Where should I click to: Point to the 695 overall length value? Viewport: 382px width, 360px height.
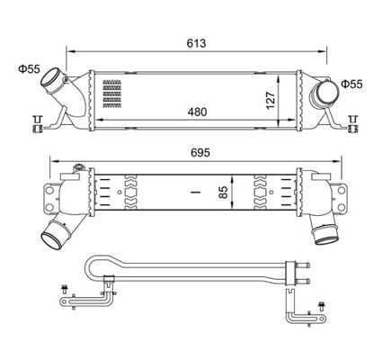click(x=199, y=153)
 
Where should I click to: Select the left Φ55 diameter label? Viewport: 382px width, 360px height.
click(x=29, y=67)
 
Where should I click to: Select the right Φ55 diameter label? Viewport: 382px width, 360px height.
click(x=351, y=84)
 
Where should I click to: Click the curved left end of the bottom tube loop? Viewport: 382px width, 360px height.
click(x=88, y=268)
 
